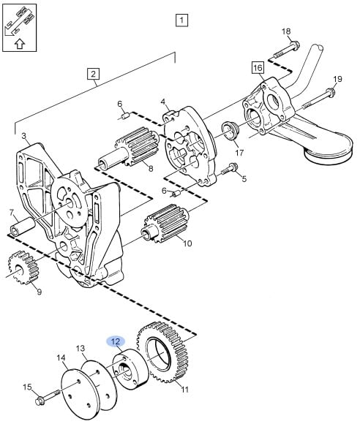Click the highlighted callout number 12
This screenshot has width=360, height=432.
point(116,341)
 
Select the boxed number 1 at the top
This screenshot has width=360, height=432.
point(181,20)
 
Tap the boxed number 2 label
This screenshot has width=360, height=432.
point(93,74)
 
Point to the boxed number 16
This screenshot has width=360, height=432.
point(258,68)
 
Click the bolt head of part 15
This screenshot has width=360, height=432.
point(40,401)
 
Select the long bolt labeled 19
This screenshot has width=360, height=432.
point(319,99)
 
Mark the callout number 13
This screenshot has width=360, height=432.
point(80,349)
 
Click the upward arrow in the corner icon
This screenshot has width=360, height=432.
point(19,44)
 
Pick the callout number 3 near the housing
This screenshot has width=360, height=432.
point(24,136)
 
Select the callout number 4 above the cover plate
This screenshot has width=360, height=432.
point(163,102)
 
